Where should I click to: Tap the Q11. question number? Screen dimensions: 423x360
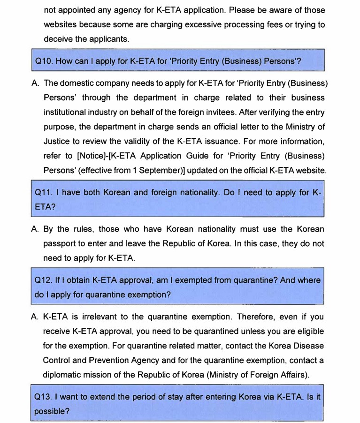pyautogui.click(x=45, y=193)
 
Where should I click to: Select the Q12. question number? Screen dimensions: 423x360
pyautogui.click(x=45, y=280)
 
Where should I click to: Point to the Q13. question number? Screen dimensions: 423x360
pyautogui.click(x=45, y=397)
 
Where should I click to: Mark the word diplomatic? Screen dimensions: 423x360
pyautogui.click(x=63, y=375)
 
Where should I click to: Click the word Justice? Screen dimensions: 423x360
pyautogui.click(x=57, y=142)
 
